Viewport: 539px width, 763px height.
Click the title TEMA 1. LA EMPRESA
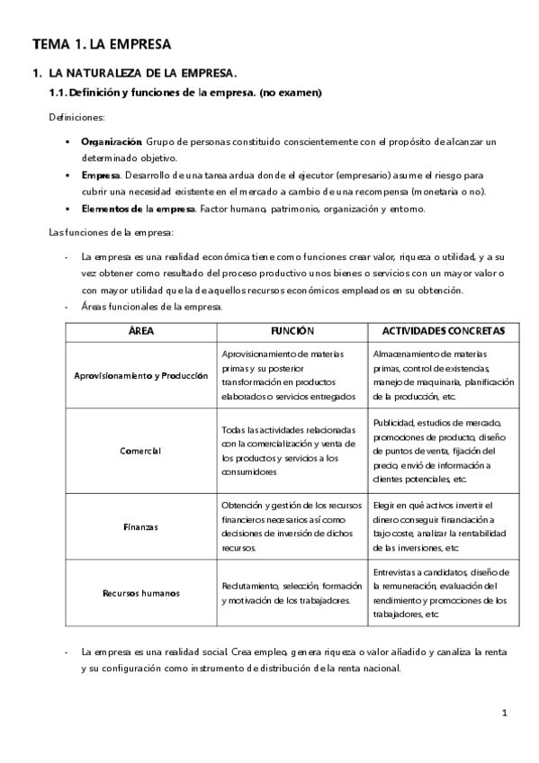tap(101, 43)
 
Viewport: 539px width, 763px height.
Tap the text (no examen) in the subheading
tap(291, 93)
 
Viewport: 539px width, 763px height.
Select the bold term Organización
tap(111, 142)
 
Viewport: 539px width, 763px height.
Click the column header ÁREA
tap(141, 331)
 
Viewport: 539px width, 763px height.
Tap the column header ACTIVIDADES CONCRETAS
tap(444, 331)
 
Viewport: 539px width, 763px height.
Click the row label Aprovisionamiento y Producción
tap(141, 375)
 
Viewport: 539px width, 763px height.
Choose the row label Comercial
tap(140, 451)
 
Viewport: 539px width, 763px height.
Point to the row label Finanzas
tap(140, 527)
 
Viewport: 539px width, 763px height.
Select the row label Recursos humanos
tap(140, 593)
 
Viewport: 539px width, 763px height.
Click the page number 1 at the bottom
tap(505, 713)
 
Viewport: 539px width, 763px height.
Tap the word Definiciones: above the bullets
tap(76, 118)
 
